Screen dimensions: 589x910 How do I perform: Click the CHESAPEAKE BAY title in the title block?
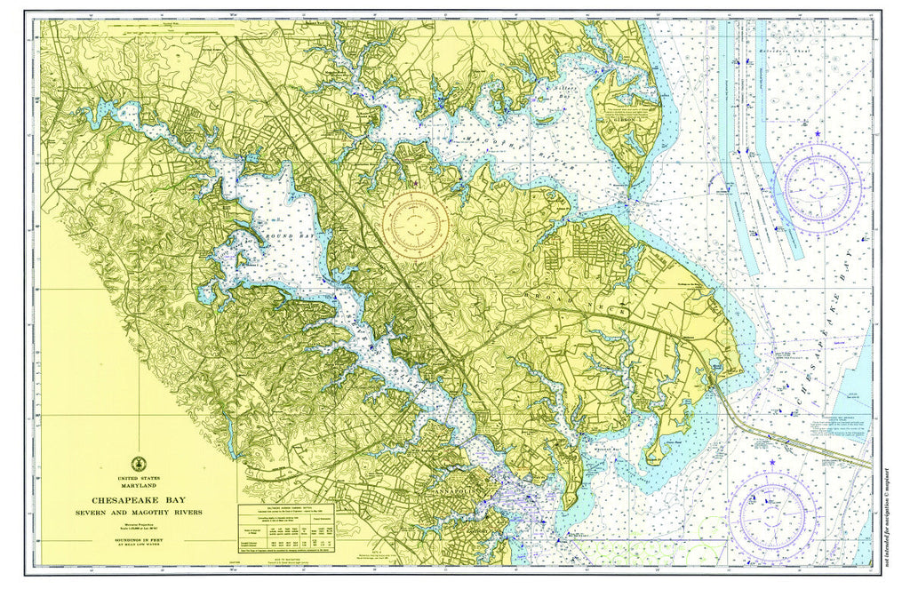click(139, 500)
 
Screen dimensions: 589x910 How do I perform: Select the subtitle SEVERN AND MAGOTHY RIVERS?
click(139, 513)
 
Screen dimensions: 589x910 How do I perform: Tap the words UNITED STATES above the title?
click(140, 478)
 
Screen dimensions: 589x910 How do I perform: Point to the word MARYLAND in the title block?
click(140, 485)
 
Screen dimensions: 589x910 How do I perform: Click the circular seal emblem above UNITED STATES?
click(140, 464)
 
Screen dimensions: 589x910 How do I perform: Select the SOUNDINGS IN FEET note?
click(139, 539)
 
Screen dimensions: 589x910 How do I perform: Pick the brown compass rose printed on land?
click(415, 220)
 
